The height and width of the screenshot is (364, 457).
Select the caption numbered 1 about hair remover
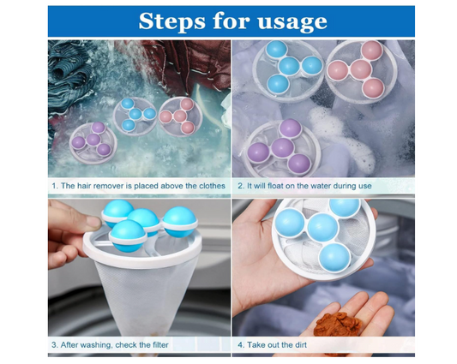[137, 186]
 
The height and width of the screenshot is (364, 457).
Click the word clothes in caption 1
[211, 186]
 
